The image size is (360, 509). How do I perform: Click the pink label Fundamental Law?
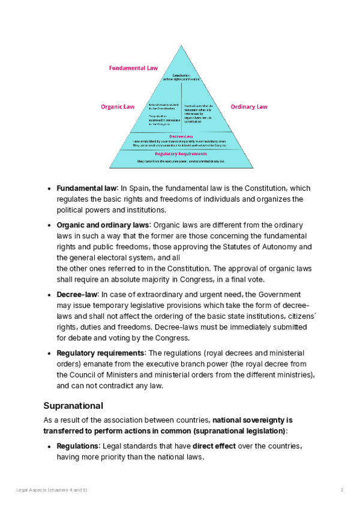pos(133,68)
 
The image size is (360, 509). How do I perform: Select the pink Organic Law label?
pos(118,107)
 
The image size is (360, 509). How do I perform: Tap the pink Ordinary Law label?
pos(249,107)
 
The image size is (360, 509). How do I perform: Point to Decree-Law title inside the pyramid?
pos(181,136)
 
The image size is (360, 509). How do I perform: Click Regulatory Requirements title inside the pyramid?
pos(181,154)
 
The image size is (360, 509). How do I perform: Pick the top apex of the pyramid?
pos(181,47)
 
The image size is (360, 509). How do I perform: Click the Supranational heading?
pos(73,405)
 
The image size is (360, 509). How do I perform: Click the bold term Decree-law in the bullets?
pos(76,295)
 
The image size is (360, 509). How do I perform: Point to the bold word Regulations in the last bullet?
pos(78,446)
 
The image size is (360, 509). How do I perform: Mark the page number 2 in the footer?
pos(342,490)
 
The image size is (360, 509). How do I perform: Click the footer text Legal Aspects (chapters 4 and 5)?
pos(52,490)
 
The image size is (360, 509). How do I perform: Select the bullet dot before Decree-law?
pos(48,295)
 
